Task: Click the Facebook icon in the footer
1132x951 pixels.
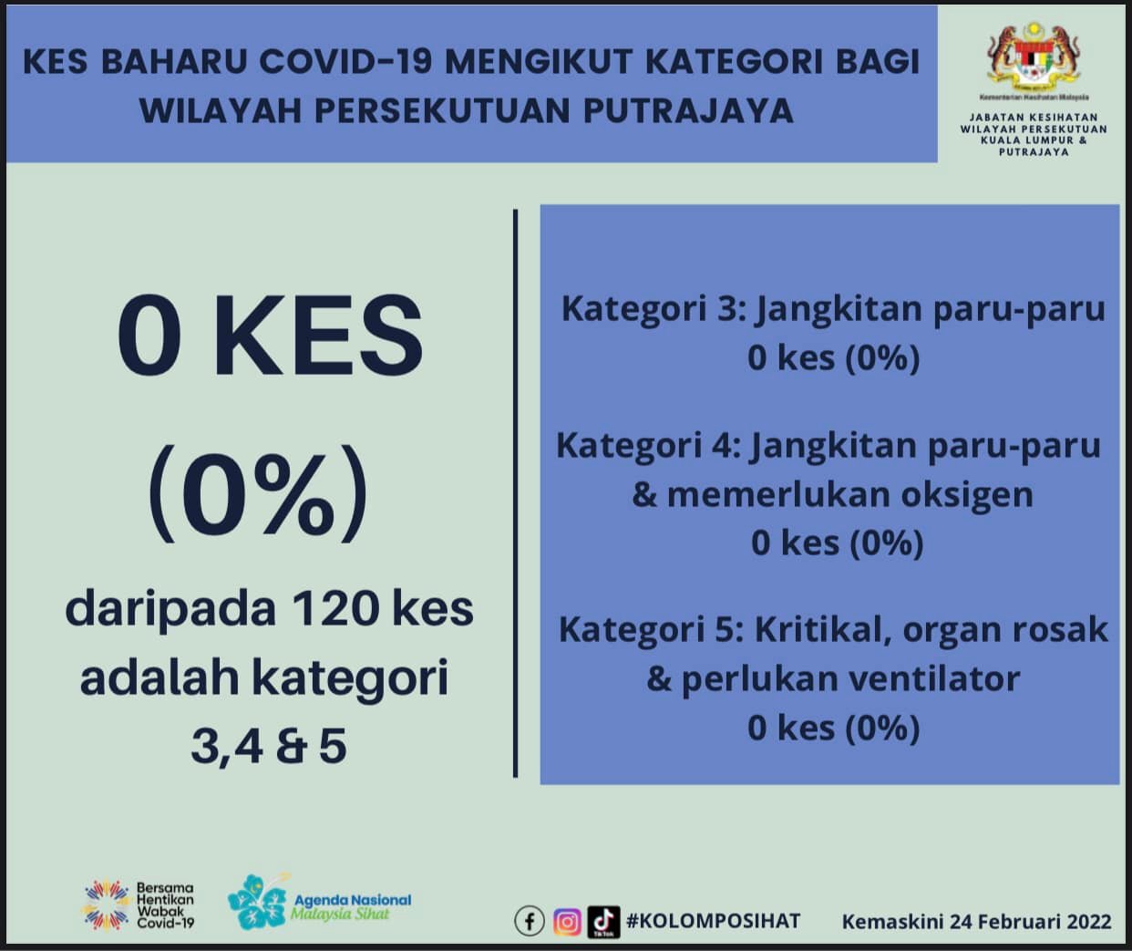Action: point(530,921)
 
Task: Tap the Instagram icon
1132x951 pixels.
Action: point(567,922)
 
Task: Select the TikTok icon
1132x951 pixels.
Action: point(603,922)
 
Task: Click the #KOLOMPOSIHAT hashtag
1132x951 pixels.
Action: point(713,921)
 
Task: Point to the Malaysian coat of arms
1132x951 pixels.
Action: point(1034,57)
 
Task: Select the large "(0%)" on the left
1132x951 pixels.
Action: point(258,492)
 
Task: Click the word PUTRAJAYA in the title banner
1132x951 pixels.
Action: point(688,110)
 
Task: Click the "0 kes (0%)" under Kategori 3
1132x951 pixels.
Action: point(833,358)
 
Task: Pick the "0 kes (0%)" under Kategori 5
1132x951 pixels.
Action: point(833,728)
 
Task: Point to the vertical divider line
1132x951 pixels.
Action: point(515,493)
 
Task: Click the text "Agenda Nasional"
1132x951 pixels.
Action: point(353,901)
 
